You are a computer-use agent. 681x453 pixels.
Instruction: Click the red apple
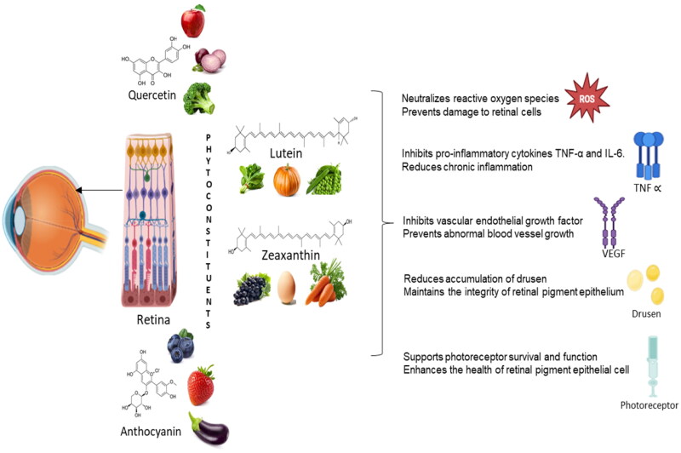[194, 20]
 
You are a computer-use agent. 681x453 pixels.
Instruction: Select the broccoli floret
[198, 98]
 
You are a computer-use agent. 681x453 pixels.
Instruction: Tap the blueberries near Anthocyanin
[180, 345]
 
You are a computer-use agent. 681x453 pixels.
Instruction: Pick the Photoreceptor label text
[650, 417]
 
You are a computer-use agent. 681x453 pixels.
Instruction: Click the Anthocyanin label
[146, 432]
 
